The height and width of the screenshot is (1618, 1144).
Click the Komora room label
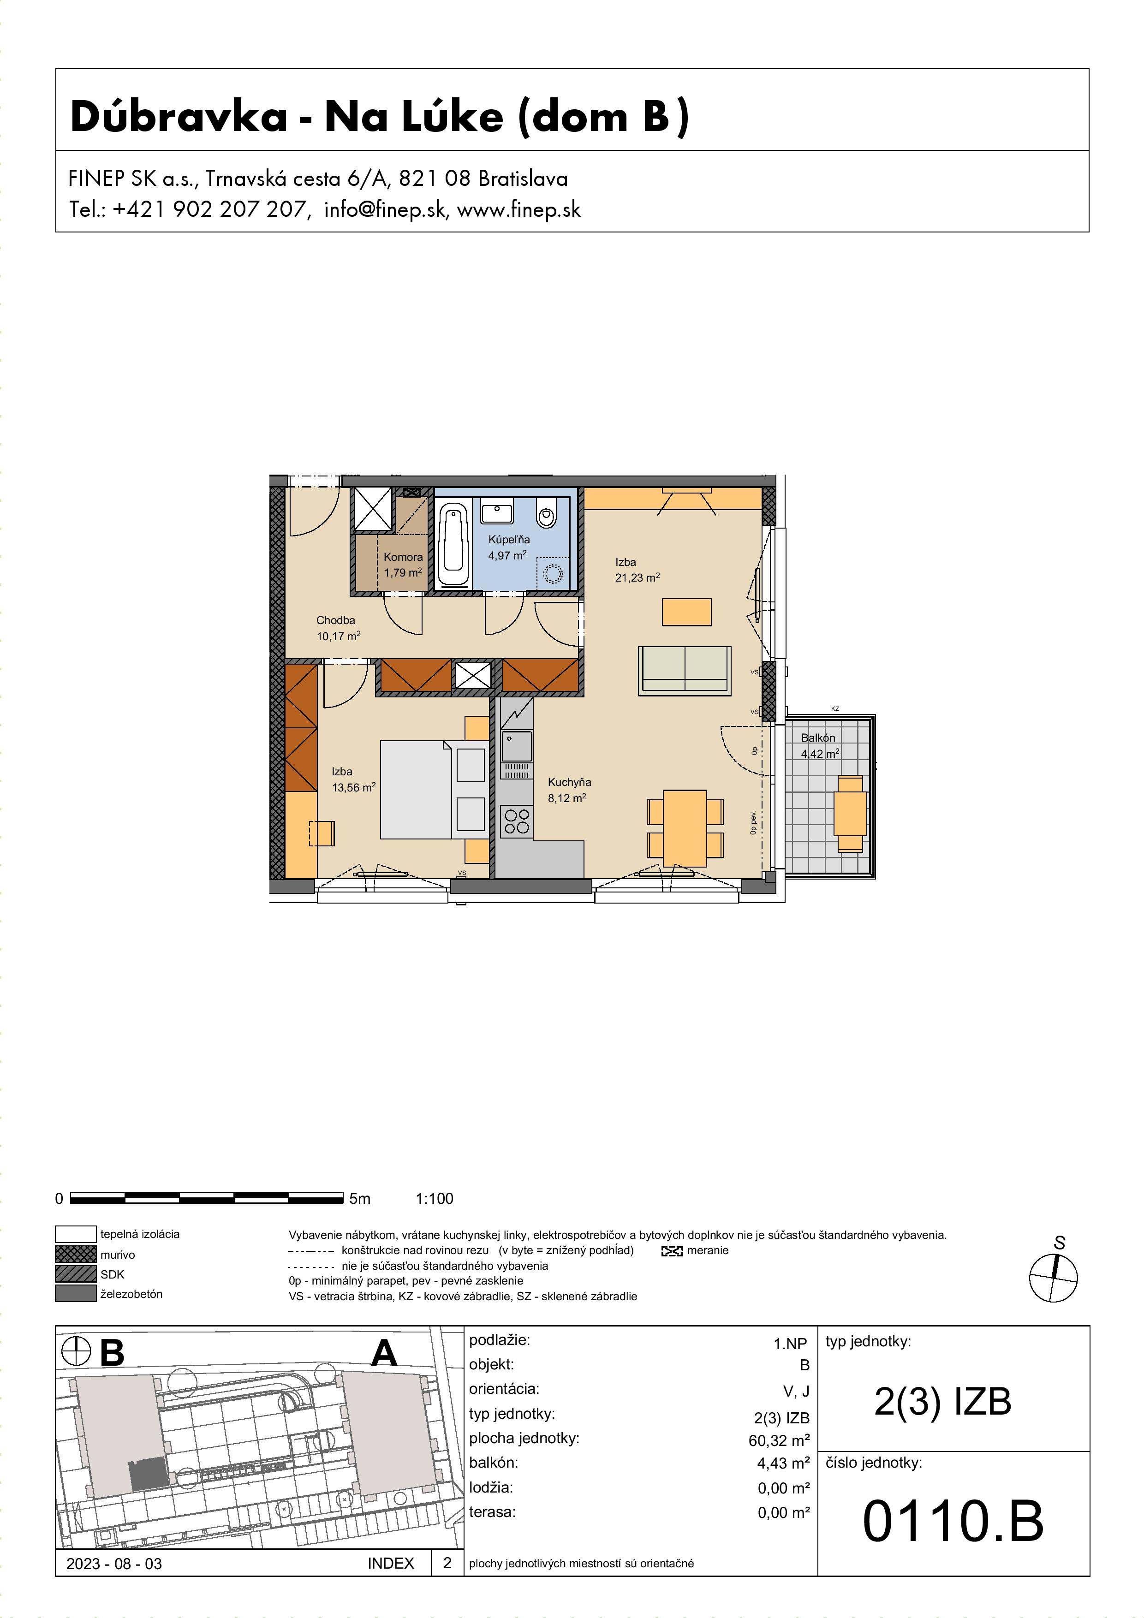pos(403,557)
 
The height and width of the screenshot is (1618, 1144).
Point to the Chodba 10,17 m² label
pos(338,628)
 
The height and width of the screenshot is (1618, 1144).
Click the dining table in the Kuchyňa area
pos(685,828)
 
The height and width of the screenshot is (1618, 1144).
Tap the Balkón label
pos(818,738)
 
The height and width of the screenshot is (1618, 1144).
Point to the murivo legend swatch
pos(75,1255)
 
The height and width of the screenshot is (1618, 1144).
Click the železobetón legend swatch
pos(75,1294)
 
